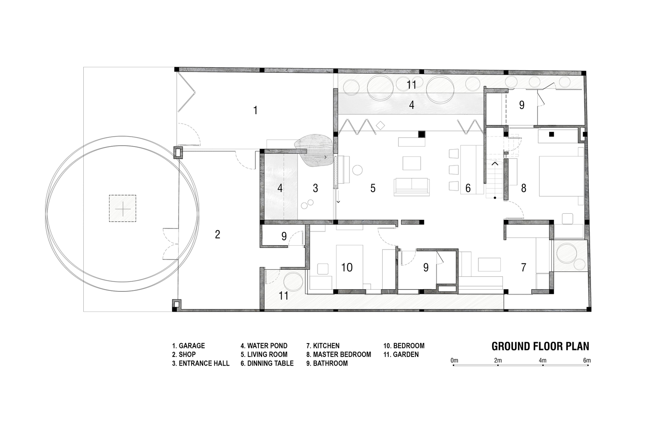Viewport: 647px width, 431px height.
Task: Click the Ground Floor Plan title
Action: tap(540, 347)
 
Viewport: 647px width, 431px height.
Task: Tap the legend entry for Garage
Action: tap(188, 346)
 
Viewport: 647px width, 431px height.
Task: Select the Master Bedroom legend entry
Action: tap(339, 355)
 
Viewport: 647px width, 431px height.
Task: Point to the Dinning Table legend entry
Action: tap(267, 363)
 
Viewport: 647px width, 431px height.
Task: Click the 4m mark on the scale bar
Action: tap(543, 365)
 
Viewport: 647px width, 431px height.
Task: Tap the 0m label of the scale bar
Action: tap(454, 361)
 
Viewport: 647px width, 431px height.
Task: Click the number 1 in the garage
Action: tap(255, 110)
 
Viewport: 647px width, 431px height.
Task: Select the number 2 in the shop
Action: tap(217, 234)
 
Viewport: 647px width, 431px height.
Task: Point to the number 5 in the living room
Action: tap(373, 188)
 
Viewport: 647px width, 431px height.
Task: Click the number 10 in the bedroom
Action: tap(347, 268)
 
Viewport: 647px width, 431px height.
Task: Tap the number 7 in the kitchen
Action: tap(523, 268)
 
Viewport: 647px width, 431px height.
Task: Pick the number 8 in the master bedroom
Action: tap(523, 188)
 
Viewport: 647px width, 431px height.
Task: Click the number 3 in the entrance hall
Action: tap(315, 188)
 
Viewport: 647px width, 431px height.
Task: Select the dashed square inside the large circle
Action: tap(122, 209)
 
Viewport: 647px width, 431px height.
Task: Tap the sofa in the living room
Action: tap(411, 186)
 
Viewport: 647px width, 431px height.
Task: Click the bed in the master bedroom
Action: tap(562, 176)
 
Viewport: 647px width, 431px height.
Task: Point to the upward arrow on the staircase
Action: tap(495, 164)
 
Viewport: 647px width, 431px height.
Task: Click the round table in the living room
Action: tap(358, 170)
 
